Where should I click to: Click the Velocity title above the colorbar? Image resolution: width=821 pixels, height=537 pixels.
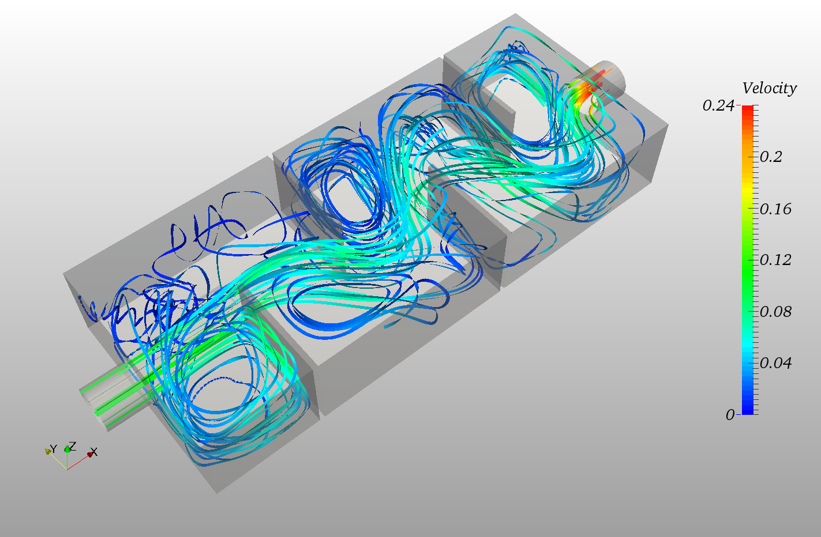pyautogui.click(x=768, y=88)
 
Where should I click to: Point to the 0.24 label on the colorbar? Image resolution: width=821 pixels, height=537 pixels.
pyautogui.click(x=718, y=105)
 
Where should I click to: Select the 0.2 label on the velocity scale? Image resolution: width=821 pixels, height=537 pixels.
pyautogui.click(x=770, y=157)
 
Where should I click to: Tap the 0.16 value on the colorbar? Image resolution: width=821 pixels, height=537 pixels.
pyautogui.click(x=775, y=209)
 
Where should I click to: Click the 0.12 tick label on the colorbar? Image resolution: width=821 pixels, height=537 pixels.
pyautogui.click(x=775, y=260)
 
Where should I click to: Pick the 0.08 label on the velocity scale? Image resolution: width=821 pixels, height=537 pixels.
pyautogui.click(x=775, y=312)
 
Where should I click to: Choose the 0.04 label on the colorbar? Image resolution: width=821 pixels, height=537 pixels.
pyautogui.click(x=775, y=363)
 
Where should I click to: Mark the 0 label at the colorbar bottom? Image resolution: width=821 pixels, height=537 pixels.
pyautogui.click(x=730, y=415)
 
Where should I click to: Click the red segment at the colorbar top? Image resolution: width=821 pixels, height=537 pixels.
pyautogui.click(x=747, y=112)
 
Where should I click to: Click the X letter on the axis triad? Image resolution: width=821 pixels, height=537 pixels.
pyautogui.click(x=94, y=452)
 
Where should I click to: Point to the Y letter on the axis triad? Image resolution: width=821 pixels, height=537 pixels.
pyautogui.click(x=53, y=448)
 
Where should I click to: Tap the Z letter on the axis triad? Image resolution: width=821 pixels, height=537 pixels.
pyautogui.click(x=72, y=445)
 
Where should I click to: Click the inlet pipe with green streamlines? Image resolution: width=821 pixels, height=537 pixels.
pyautogui.click(x=113, y=398)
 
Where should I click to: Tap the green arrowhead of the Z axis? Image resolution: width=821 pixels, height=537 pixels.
pyautogui.click(x=67, y=449)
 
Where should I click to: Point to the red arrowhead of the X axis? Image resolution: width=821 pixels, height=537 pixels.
pyautogui.click(x=89, y=455)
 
